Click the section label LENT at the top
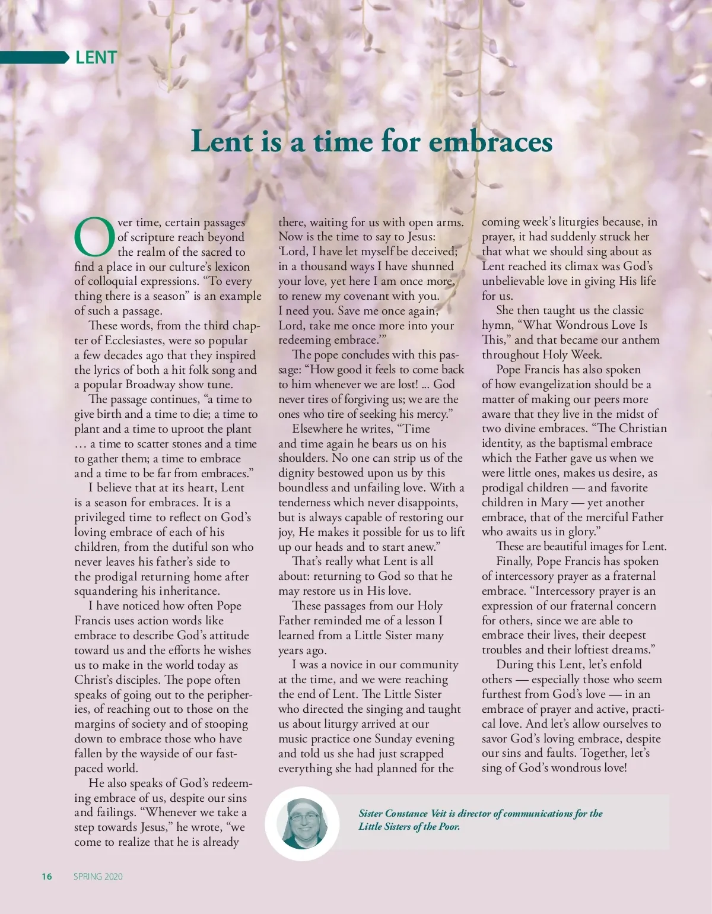96,58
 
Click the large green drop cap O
94,236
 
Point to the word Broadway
151,385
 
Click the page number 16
47,877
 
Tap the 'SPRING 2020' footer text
98,877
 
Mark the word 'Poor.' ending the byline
449,827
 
